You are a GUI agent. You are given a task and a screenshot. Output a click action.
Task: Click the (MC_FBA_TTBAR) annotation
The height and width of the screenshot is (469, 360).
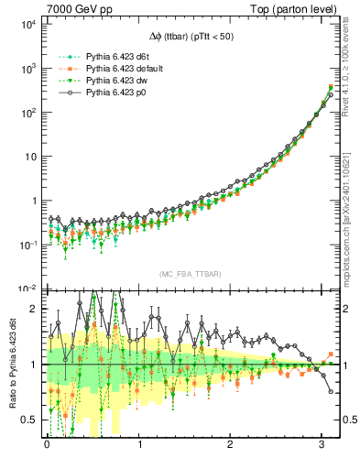181,275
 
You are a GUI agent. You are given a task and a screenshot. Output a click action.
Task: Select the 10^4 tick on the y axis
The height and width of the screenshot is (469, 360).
27,25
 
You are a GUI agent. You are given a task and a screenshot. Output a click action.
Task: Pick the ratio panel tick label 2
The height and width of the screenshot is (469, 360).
34,309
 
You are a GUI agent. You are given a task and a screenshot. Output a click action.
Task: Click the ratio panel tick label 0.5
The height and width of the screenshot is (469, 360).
29,420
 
